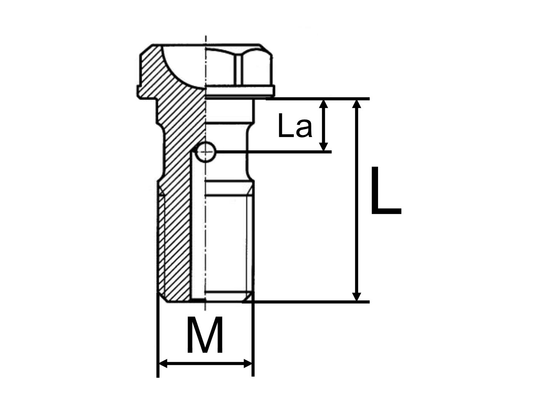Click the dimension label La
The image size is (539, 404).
click(x=295, y=126)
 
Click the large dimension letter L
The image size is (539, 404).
click(x=385, y=191)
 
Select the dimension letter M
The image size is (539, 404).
click(x=204, y=336)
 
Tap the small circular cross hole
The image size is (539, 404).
click(x=206, y=153)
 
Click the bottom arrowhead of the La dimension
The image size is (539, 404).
click(x=324, y=146)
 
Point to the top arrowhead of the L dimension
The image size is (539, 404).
click(x=357, y=104)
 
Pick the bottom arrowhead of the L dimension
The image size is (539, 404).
click(x=357, y=296)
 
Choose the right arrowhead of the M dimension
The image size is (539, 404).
click(x=248, y=364)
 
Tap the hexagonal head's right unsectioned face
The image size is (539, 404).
click(x=254, y=67)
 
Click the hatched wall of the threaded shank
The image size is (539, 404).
click(x=177, y=239)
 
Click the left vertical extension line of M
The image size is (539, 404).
click(x=158, y=339)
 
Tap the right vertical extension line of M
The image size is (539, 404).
click(x=253, y=339)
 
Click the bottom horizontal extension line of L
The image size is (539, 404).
click(x=308, y=302)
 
